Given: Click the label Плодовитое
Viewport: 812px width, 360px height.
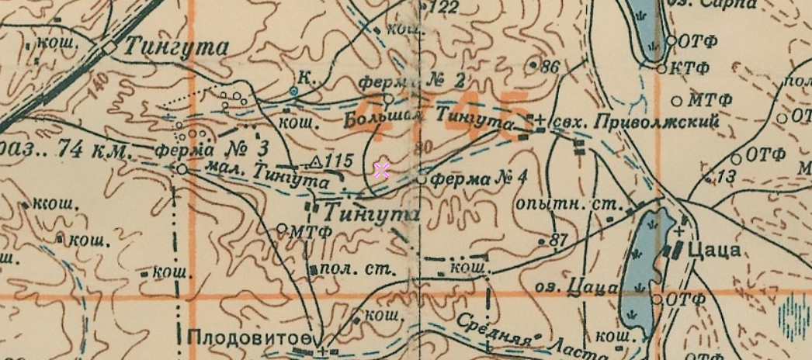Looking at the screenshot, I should pyautogui.click(x=248, y=337).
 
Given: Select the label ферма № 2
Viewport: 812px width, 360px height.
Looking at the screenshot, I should pyautogui.click(x=414, y=81).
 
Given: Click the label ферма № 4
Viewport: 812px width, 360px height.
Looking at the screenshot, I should pyautogui.click(x=478, y=178).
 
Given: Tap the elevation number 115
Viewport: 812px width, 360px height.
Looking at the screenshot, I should pyautogui.click(x=339, y=161).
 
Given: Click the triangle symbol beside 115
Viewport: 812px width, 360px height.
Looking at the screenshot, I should pyautogui.click(x=315, y=161).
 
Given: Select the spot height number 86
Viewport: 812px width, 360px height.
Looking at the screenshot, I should pyautogui.click(x=550, y=67).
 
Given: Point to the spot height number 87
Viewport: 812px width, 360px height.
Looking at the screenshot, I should pyautogui.click(x=559, y=241).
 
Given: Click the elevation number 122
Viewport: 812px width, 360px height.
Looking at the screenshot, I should pyautogui.click(x=444, y=8).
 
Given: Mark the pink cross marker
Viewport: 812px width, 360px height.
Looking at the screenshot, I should pyautogui.click(x=381, y=171).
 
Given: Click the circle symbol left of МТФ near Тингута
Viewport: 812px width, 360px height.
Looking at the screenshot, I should pyautogui.click(x=282, y=229).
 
